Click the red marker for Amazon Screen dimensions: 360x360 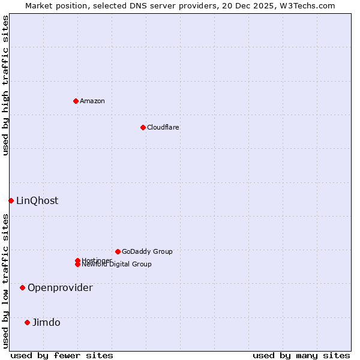(x=76, y=101)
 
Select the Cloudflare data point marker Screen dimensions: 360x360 (x=143, y=127)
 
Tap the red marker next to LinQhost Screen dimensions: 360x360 (x=11, y=200)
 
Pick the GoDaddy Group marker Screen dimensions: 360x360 (x=118, y=251)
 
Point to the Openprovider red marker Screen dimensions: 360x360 (x=22, y=287)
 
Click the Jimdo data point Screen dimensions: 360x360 (x=27, y=322)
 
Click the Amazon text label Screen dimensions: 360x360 (x=92, y=101)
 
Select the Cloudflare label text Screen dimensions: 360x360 (x=163, y=127)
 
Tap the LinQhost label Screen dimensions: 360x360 (x=37, y=200)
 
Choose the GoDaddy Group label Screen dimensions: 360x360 (x=147, y=251)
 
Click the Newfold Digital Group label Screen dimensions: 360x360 (x=117, y=265)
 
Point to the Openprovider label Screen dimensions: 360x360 (x=60, y=287)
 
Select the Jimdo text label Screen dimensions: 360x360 (x=46, y=322)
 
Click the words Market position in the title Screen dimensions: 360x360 (x=52, y=5)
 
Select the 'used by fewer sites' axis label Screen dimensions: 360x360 (x=62, y=355)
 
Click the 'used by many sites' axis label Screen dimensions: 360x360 (x=301, y=355)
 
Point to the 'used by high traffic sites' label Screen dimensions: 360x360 (x=5, y=85)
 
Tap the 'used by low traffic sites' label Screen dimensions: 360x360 (x=5, y=281)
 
